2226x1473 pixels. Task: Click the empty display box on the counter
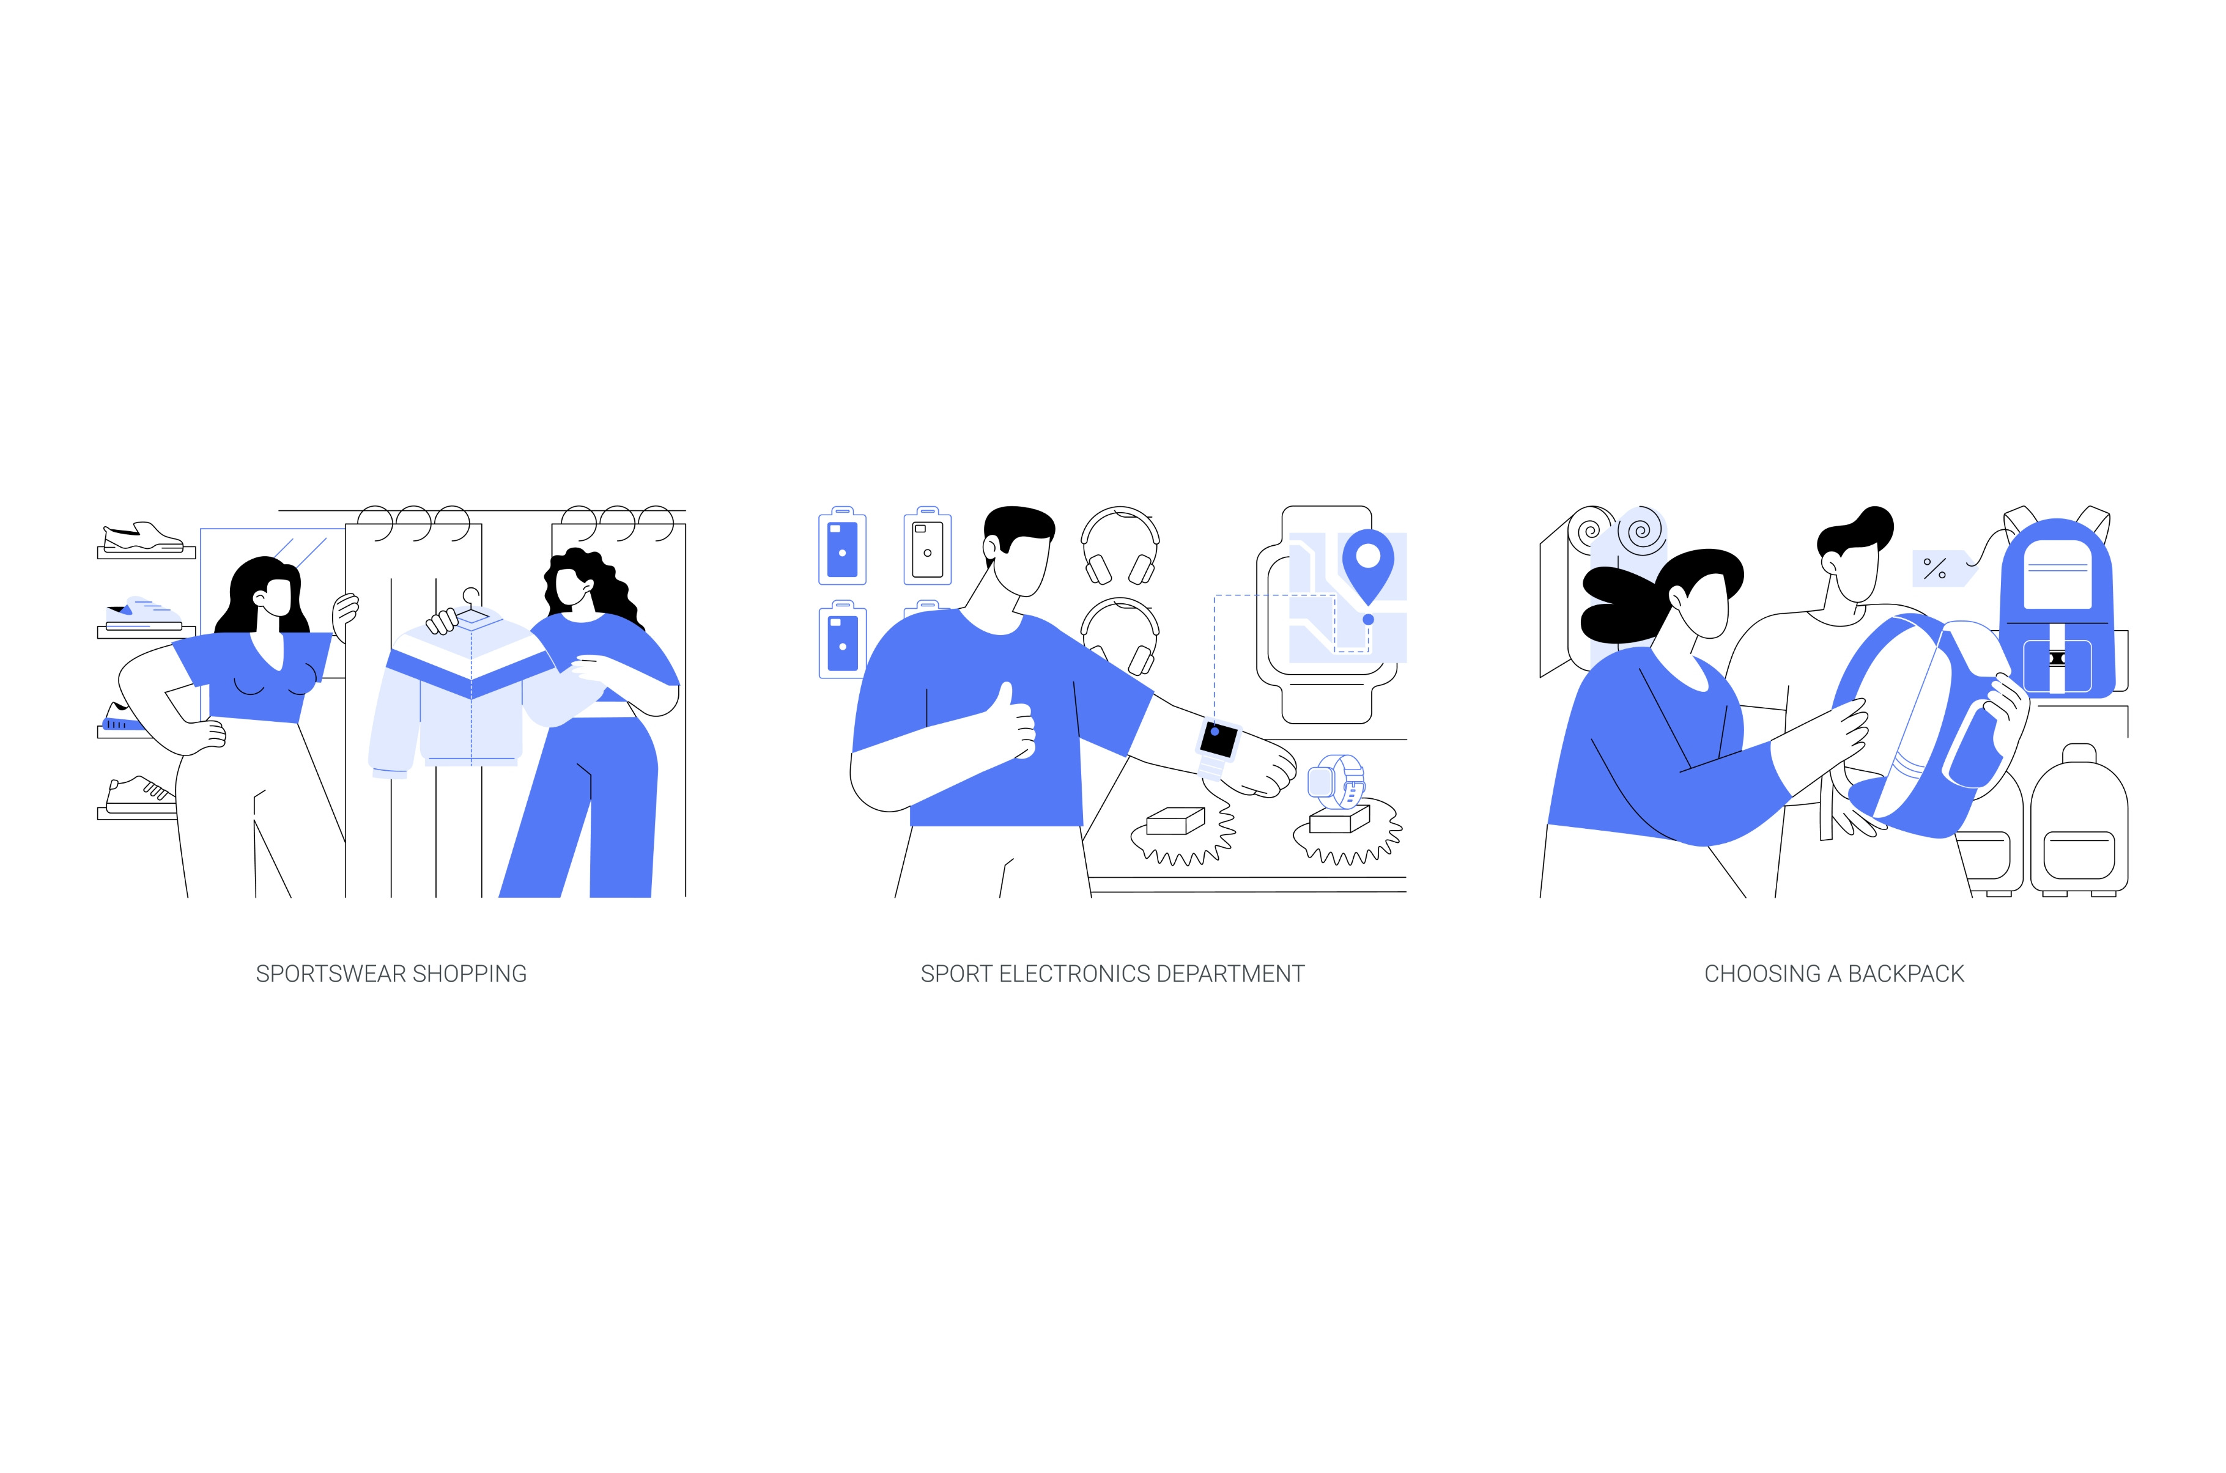click(1175, 821)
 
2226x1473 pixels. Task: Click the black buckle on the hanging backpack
click(2057, 658)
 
